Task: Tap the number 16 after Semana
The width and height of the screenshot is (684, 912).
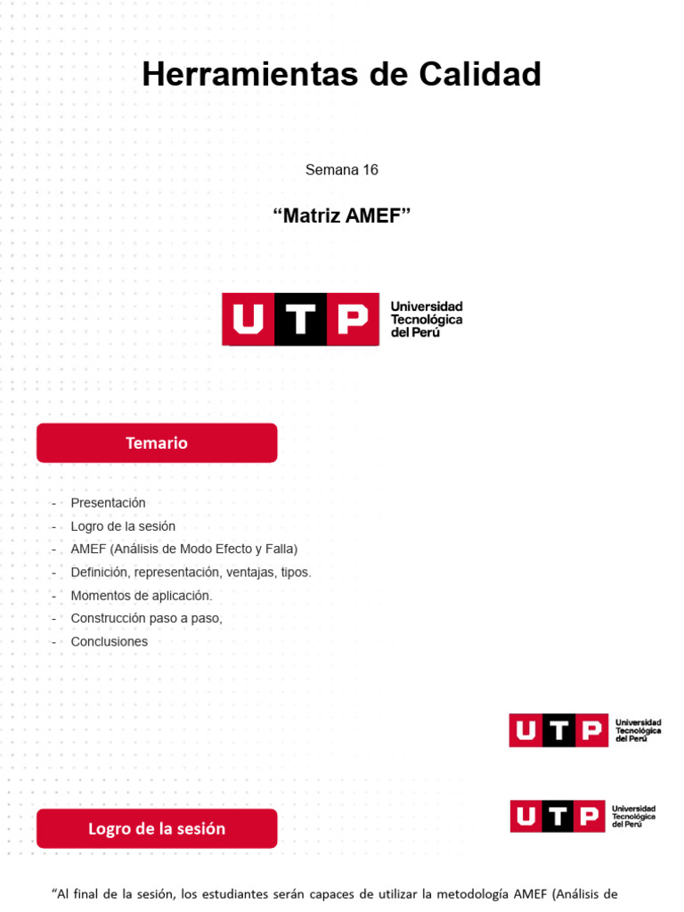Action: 370,169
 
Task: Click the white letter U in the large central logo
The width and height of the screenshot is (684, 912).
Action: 248,319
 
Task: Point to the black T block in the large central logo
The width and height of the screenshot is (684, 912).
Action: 301,319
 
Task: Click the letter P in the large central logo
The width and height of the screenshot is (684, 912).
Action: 354,319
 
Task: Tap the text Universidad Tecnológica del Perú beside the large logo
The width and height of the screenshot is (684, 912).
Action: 427,319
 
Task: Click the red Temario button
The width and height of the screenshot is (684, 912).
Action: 157,443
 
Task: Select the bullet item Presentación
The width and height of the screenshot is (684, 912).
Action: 108,503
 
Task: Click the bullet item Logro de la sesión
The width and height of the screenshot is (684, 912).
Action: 123,526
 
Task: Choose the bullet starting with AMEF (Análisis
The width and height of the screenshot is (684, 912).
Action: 183,549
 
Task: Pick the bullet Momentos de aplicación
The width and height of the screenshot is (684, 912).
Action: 142,596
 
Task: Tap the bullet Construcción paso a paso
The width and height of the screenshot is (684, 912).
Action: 146,618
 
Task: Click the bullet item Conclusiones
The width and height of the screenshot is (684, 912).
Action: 110,641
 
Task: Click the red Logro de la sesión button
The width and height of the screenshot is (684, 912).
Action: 157,828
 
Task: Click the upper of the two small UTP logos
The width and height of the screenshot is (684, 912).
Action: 585,730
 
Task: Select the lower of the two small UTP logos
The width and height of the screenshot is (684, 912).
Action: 582,816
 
